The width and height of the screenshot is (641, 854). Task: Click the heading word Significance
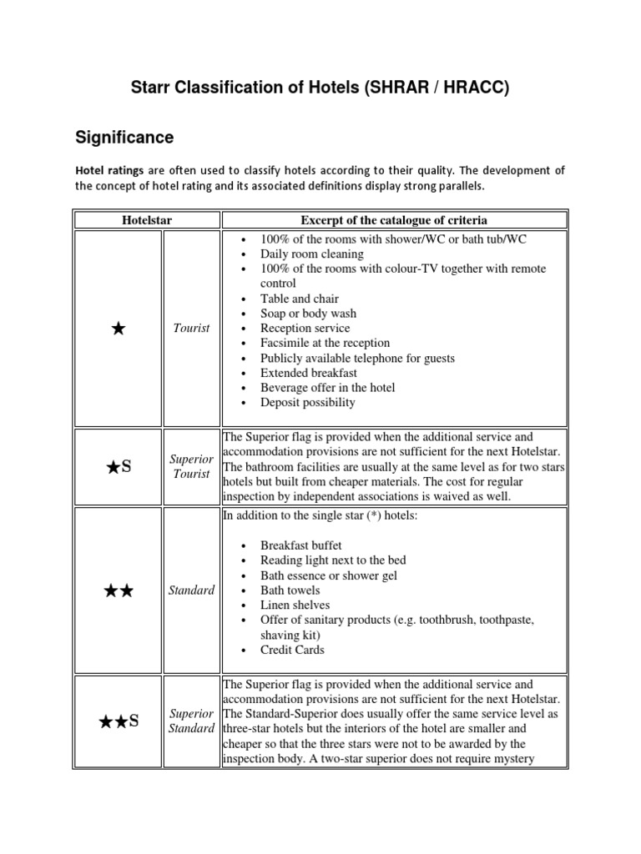124,136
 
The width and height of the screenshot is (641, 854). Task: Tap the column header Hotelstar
147,220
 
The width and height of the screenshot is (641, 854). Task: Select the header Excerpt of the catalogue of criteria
394,220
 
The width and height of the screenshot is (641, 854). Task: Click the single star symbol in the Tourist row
118,329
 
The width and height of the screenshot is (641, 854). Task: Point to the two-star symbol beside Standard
118,590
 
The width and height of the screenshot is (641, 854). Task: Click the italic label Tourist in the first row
191,329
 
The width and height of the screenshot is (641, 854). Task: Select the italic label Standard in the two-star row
191,590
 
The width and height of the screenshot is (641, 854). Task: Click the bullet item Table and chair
299,299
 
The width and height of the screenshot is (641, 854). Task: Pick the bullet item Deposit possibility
307,402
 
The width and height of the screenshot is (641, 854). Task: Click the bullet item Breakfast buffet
300,545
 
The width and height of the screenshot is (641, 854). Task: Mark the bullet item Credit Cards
292,650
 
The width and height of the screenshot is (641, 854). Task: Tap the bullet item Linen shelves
295,605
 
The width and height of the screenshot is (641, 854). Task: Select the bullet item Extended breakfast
307,373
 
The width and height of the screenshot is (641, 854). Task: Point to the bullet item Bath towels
290,590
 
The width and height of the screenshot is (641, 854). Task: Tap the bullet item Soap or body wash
308,314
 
